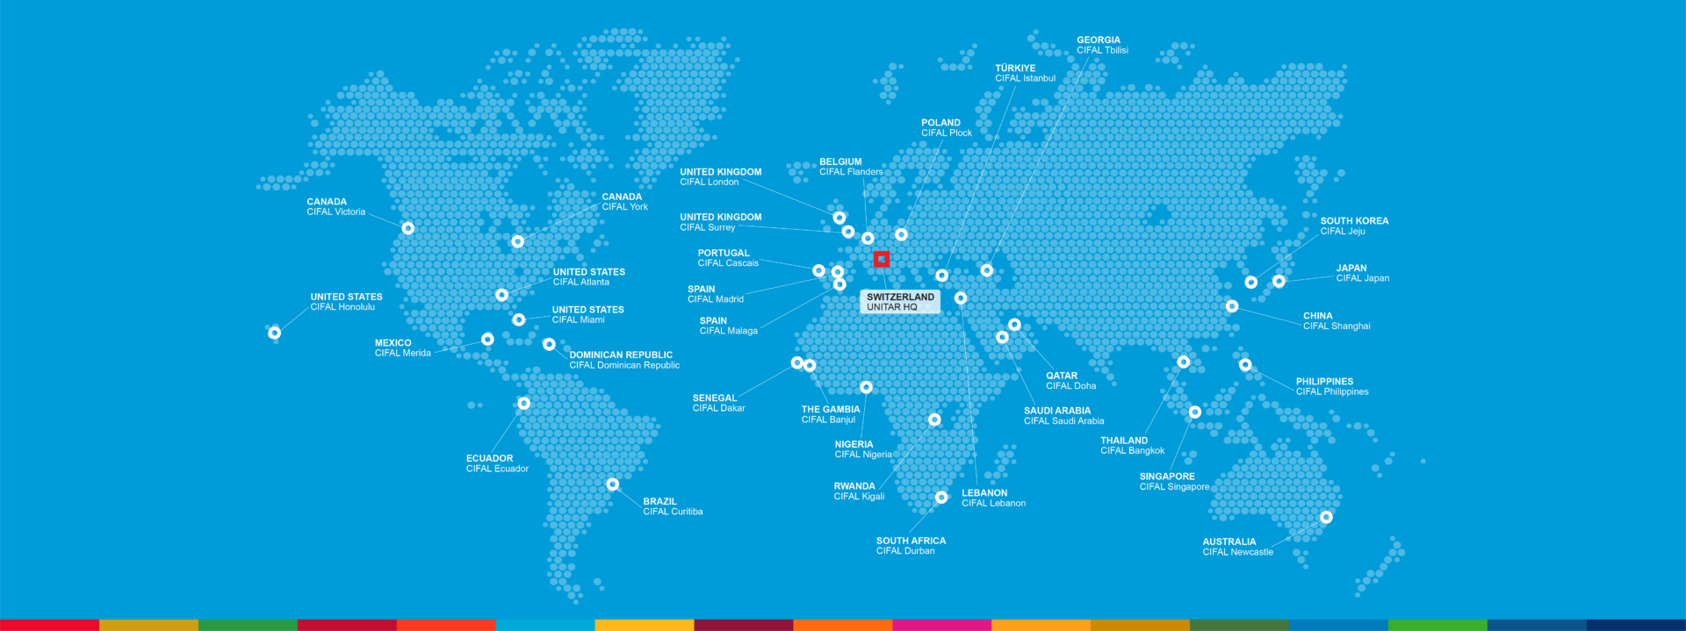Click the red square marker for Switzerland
pyautogui.click(x=882, y=259)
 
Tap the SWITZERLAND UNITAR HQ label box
pyautogui.click(x=900, y=302)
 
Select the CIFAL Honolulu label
pyautogui.click(x=346, y=302)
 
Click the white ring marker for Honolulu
pyautogui.click(x=275, y=333)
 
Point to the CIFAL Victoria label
pyautogui.click(x=335, y=207)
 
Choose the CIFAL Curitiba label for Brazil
pyautogui.click(x=672, y=507)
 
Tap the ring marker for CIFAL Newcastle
pyautogui.click(x=1326, y=518)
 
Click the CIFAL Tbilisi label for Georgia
pyautogui.click(x=1102, y=46)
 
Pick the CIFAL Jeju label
pyautogui.click(x=1353, y=226)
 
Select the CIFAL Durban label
pyautogui.click(x=911, y=546)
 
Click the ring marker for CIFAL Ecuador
pyautogui.click(x=523, y=404)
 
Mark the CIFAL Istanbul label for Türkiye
pyautogui.click(x=1025, y=74)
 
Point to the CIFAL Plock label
pyautogui.click(x=946, y=128)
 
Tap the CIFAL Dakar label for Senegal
pyautogui.click(x=718, y=404)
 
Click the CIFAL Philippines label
pyautogui.click(x=1331, y=387)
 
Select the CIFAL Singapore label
pyautogui.click(x=1174, y=482)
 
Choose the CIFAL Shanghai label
pyautogui.click(x=1336, y=321)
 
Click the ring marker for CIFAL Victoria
pyautogui.click(x=407, y=228)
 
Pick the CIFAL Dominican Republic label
pyautogui.click(x=623, y=361)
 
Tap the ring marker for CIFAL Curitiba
pyautogui.click(x=613, y=484)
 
